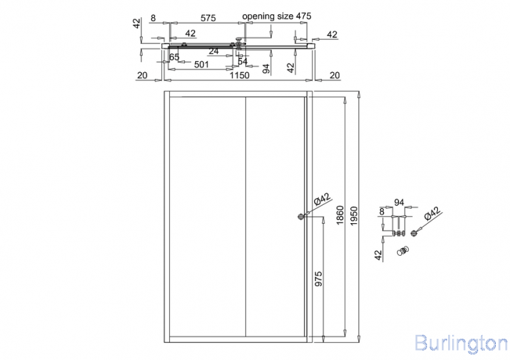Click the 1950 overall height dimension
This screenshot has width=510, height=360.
[x=354, y=216]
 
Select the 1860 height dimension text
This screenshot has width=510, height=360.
[x=340, y=215]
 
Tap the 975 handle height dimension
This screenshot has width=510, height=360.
[x=318, y=278]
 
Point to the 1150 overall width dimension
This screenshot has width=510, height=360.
[x=240, y=75]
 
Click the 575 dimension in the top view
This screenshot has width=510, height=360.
[x=208, y=18]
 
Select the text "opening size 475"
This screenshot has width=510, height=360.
[x=277, y=16]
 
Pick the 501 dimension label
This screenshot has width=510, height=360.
[x=201, y=65]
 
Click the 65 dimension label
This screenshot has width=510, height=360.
[x=174, y=57]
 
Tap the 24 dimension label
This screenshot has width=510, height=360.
[x=214, y=51]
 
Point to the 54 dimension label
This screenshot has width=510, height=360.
[x=243, y=61]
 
